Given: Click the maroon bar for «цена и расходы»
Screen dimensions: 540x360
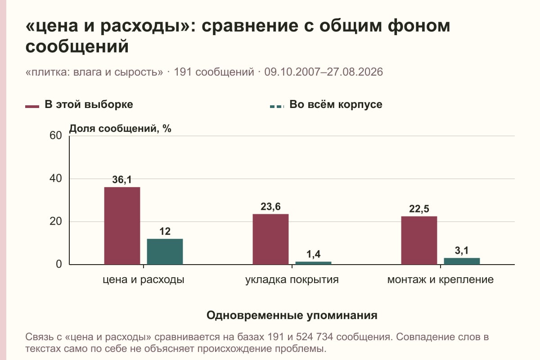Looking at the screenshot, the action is [x=122, y=226].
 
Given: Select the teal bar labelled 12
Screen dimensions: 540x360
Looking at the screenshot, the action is [x=165, y=252].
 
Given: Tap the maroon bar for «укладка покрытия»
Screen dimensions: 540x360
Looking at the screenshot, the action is [x=270, y=239].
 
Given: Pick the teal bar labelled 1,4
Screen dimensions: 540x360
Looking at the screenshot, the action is [x=313, y=263].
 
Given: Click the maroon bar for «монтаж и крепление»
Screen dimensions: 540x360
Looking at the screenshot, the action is [x=419, y=240].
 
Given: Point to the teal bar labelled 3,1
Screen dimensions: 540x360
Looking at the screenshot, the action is [x=462, y=261].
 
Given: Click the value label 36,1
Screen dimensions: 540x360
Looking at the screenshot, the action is [x=122, y=180].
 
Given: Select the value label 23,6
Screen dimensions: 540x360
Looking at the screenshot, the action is [x=270, y=207].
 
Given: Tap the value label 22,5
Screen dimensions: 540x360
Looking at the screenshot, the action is [x=419, y=209].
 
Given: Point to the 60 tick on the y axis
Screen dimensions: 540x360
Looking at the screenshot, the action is [x=56, y=135].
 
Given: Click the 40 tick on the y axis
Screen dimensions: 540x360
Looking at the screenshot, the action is [x=56, y=179].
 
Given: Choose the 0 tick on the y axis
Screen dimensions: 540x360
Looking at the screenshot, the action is [x=59, y=264].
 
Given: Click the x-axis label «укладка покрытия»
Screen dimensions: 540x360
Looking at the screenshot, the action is [x=292, y=280].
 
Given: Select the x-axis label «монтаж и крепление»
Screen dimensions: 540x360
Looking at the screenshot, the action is [x=441, y=280].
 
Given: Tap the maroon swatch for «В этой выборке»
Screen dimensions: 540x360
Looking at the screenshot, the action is [x=32, y=107].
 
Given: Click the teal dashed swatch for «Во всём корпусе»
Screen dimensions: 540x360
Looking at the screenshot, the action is [x=277, y=107].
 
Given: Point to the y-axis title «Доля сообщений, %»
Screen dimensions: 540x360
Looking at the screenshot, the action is [x=120, y=129].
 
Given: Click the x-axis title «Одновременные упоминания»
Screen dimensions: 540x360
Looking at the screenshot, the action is [x=292, y=315].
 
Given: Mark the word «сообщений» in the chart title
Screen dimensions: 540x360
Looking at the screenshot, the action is [x=77, y=46].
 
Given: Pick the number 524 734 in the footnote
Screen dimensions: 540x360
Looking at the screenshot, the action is [x=315, y=337].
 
